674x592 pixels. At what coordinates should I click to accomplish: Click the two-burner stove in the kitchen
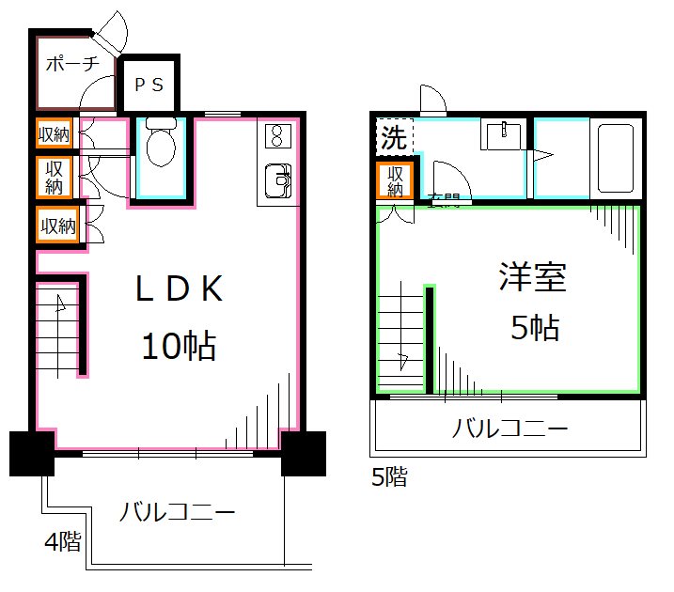277,136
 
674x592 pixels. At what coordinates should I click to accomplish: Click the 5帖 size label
535,328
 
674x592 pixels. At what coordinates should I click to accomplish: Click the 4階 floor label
63,541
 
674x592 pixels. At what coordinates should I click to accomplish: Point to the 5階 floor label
390,477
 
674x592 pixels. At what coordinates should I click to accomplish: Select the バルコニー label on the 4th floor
177,513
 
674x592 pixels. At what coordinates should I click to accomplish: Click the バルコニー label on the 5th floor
510,430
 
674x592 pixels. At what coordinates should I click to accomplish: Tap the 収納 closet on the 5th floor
396,180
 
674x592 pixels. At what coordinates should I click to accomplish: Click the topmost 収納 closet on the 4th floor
55,133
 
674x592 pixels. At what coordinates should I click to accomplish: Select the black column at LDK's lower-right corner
303,454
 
